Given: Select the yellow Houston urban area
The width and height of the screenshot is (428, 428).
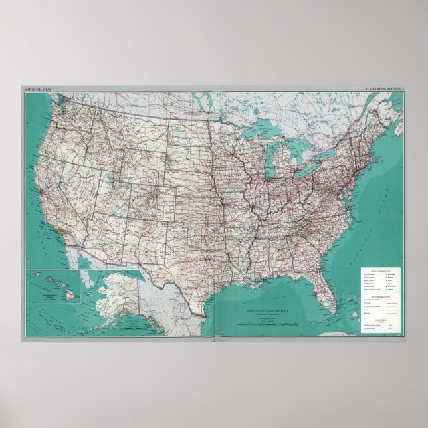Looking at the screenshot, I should point(219,284).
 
